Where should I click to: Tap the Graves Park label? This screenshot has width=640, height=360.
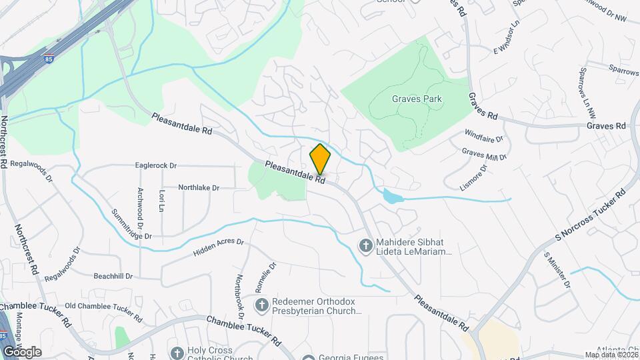pos(417,99)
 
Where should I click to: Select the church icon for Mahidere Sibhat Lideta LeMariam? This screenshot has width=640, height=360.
pos(365,247)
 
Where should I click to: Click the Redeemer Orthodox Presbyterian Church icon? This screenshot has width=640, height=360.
pos(262,305)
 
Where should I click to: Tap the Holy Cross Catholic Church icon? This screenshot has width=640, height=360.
pos(177,353)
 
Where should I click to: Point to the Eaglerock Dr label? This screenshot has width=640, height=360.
pos(155,165)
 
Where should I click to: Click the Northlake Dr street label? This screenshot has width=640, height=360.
pos(199,188)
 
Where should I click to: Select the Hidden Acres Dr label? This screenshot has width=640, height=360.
pos(219,248)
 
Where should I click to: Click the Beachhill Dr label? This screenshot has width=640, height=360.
pos(113,276)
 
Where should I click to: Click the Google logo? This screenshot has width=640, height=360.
pos(22,351)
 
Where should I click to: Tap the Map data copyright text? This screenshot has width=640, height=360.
pos(611,355)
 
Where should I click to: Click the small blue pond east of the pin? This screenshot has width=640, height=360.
pos(392,196)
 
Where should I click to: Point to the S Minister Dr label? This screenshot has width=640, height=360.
pos(557,269)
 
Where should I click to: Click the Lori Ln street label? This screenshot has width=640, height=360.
pos(161,200)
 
